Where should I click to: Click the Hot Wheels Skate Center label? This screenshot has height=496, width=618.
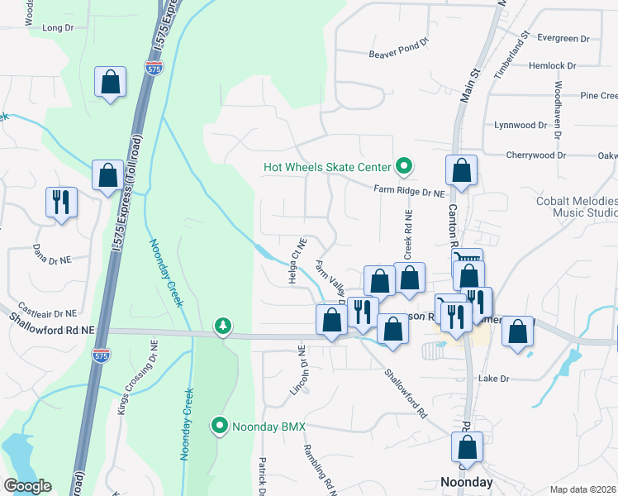tap(326, 167)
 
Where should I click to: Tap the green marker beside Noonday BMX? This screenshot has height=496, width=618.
tap(220, 426)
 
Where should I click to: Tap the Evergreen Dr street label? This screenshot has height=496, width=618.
tap(562, 39)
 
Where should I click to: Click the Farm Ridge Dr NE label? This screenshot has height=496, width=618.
tap(409, 191)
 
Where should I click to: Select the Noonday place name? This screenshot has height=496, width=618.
tap(466, 482)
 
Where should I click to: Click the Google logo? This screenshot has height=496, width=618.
tap(28, 486)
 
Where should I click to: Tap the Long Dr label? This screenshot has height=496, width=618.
tap(58, 28)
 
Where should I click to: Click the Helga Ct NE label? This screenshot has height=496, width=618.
tap(297, 262)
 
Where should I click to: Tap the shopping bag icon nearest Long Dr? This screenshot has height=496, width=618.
tap(110, 83)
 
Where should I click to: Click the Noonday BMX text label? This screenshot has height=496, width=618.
tap(269, 427)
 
